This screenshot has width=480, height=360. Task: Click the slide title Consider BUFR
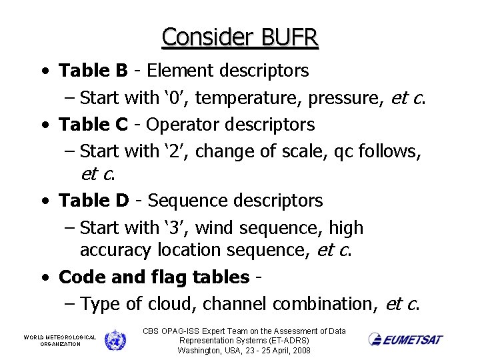click(x=240, y=37)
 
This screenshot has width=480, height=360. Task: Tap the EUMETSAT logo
click(x=405, y=339)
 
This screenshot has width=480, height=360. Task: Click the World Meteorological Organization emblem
click(x=115, y=340)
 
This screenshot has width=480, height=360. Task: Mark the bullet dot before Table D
click(x=43, y=201)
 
